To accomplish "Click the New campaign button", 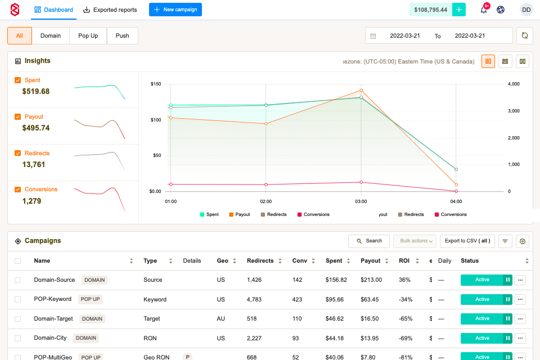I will tap(175, 10).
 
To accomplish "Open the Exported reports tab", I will tap(110, 10).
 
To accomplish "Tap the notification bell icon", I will tap(483, 10).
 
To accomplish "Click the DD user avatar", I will tap(526, 10).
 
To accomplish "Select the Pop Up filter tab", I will tap(88, 35).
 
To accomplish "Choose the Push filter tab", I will tap(122, 35).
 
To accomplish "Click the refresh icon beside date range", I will tap(524, 35).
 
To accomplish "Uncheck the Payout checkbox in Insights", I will tap(18, 117).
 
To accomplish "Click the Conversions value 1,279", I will tap(32, 201).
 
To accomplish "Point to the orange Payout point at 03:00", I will tap(361, 90).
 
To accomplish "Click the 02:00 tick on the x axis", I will tap(266, 201).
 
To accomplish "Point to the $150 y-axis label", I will tap(156, 84).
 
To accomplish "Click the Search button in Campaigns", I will tap(368, 241).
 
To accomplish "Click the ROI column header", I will tap(403, 260).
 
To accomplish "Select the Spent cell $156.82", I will tap(336, 280).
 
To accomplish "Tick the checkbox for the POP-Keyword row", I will tap(18, 299).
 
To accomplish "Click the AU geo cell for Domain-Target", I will tap(220, 318).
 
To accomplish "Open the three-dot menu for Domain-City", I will tap(520, 338).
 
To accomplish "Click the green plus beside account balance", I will tap(460, 10).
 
